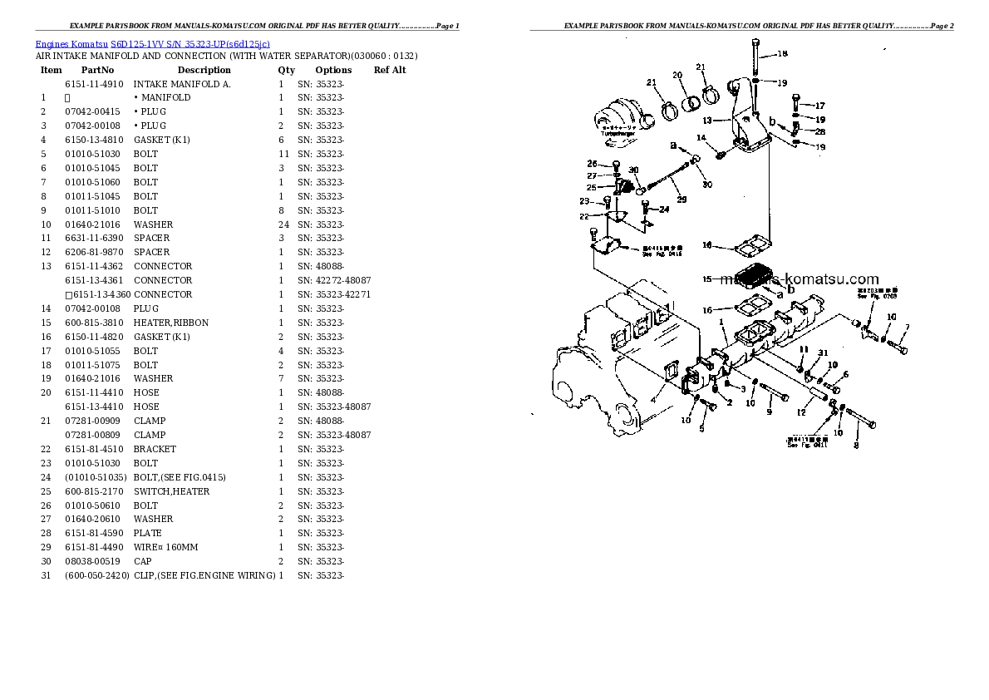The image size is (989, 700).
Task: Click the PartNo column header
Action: coord(97,70)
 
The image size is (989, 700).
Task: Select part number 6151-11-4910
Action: coord(94,84)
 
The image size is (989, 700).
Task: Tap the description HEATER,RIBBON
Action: coord(171,323)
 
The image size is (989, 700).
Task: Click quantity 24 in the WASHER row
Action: coord(283,224)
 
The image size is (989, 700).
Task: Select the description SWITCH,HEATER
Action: coord(171,491)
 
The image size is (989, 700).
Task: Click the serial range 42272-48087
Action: coord(342,280)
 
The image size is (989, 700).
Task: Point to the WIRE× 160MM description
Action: coord(166,547)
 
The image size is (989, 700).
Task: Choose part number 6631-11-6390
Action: coord(94,238)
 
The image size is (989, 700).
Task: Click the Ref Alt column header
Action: coord(390,70)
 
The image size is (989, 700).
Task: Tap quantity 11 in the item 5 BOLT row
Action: coord(283,154)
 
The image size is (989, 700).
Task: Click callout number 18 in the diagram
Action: coord(782,54)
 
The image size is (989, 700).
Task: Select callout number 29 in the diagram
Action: coord(681,200)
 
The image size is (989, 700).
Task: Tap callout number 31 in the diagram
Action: coord(823,354)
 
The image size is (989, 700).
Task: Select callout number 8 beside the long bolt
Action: coord(856,445)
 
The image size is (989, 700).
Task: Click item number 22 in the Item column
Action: coord(46,449)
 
